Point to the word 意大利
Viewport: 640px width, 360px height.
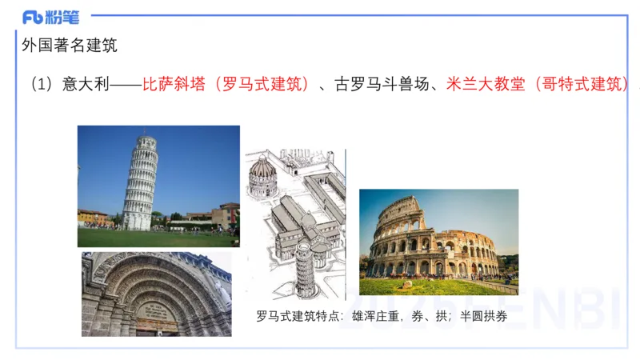click(x=83, y=84)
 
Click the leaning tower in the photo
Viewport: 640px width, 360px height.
click(x=139, y=184)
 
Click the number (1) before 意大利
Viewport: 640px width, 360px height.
click(x=41, y=84)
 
